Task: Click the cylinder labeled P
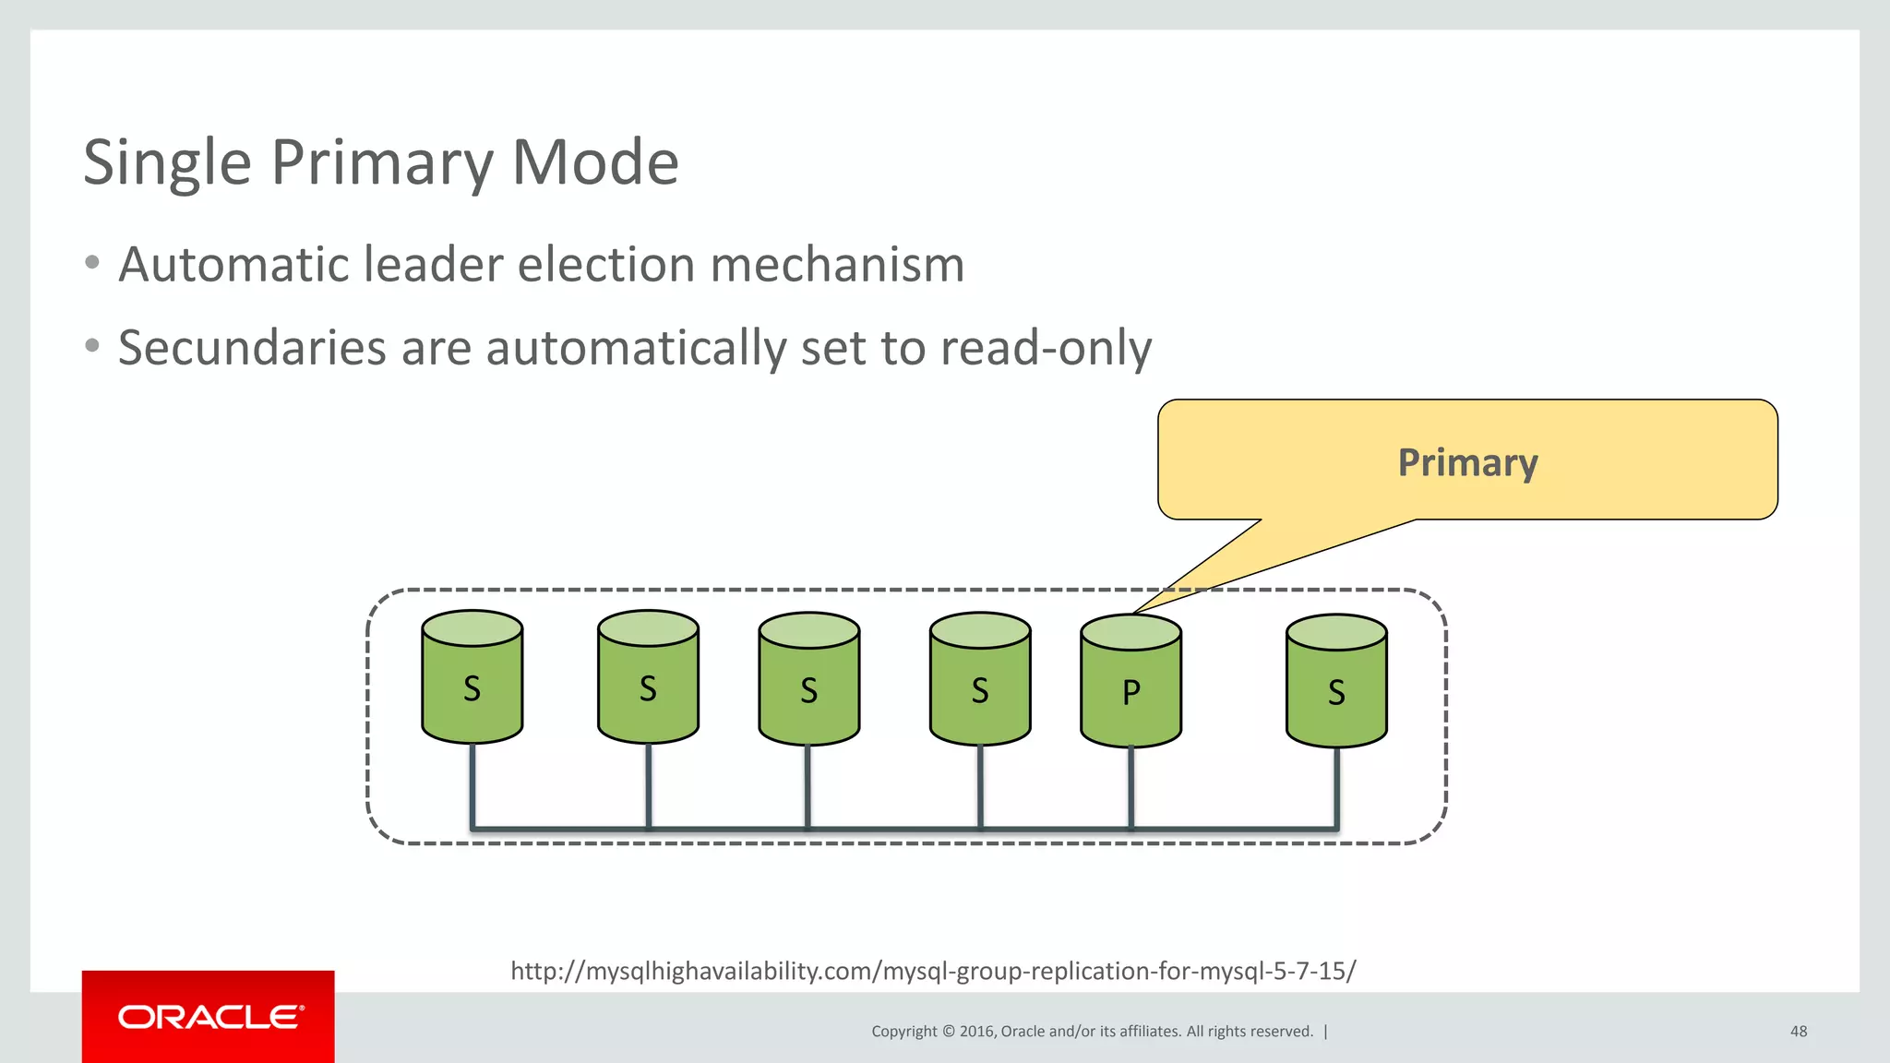(1130, 683)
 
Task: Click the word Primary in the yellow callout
(1467, 462)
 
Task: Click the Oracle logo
(209, 1017)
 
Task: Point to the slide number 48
(1798, 1031)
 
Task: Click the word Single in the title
(167, 162)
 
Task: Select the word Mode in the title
(595, 162)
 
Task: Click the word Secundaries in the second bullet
(252, 348)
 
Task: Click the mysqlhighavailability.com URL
(933, 971)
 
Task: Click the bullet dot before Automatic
(91, 263)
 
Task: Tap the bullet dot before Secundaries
(91, 346)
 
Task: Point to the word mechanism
(837, 265)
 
